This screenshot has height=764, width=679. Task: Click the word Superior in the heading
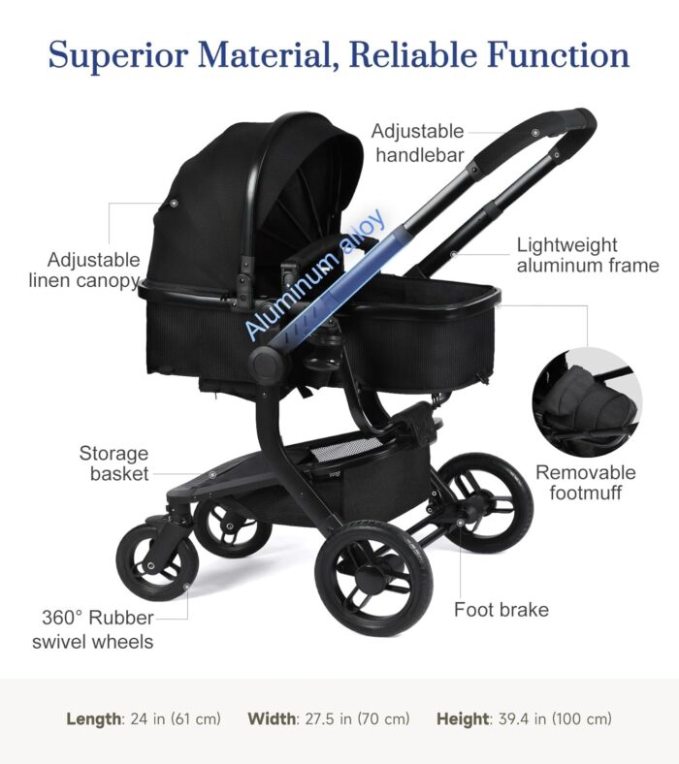(x=117, y=54)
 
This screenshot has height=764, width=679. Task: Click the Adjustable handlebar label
(x=418, y=143)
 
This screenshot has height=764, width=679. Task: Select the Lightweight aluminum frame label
(x=588, y=255)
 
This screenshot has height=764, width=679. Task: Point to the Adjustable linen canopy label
(x=84, y=270)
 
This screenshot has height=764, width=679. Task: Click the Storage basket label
(x=113, y=463)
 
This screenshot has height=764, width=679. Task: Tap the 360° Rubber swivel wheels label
(x=92, y=629)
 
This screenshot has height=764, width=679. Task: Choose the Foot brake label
(x=501, y=610)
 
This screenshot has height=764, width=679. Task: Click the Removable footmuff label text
(x=586, y=483)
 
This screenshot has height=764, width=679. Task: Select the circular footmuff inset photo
(x=587, y=402)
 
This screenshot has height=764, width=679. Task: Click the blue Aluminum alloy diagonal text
(x=316, y=274)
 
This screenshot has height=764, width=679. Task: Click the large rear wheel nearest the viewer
(x=373, y=580)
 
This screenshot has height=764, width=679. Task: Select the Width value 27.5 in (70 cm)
(x=358, y=718)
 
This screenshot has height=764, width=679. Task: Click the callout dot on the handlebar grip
(x=535, y=133)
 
